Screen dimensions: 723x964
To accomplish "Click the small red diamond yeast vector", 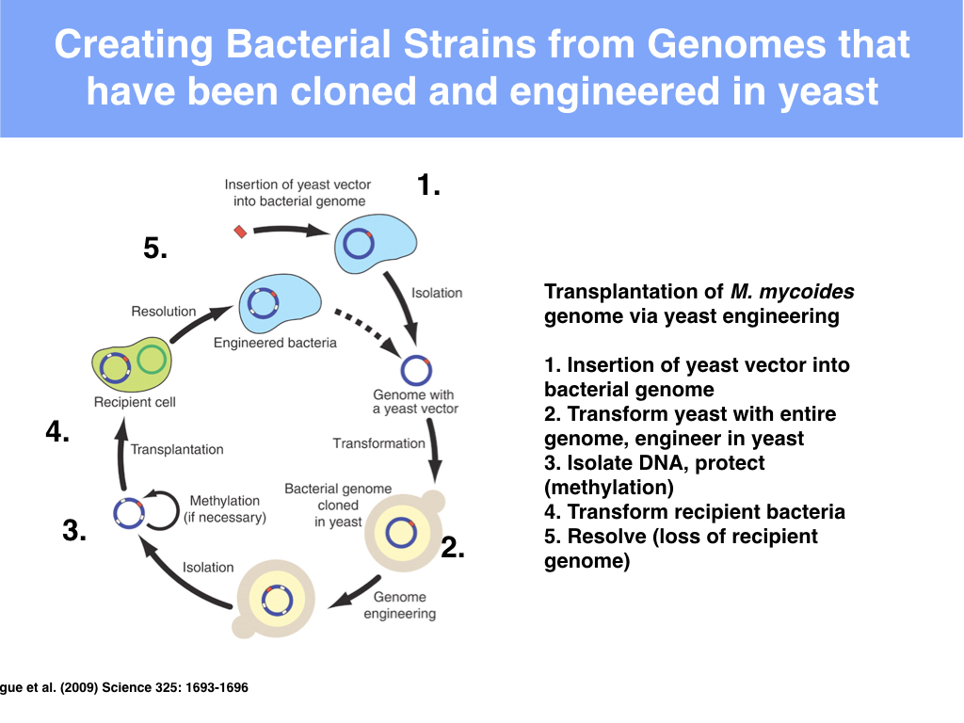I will click(240, 231).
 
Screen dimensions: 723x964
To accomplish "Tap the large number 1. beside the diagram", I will click(429, 185).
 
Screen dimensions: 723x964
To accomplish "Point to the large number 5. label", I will click(156, 249).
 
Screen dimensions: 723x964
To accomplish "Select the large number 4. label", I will click(58, 433).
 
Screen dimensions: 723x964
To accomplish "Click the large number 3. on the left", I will click(75, 530).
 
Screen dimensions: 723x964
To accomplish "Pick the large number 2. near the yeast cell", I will click(454, 547).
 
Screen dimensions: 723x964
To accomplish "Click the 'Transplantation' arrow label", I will click(177, 450).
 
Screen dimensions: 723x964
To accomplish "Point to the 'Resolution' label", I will click(164, 312).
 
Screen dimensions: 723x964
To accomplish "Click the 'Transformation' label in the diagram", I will click(379, 443).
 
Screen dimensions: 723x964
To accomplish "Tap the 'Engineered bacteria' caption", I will click(275, 343).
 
